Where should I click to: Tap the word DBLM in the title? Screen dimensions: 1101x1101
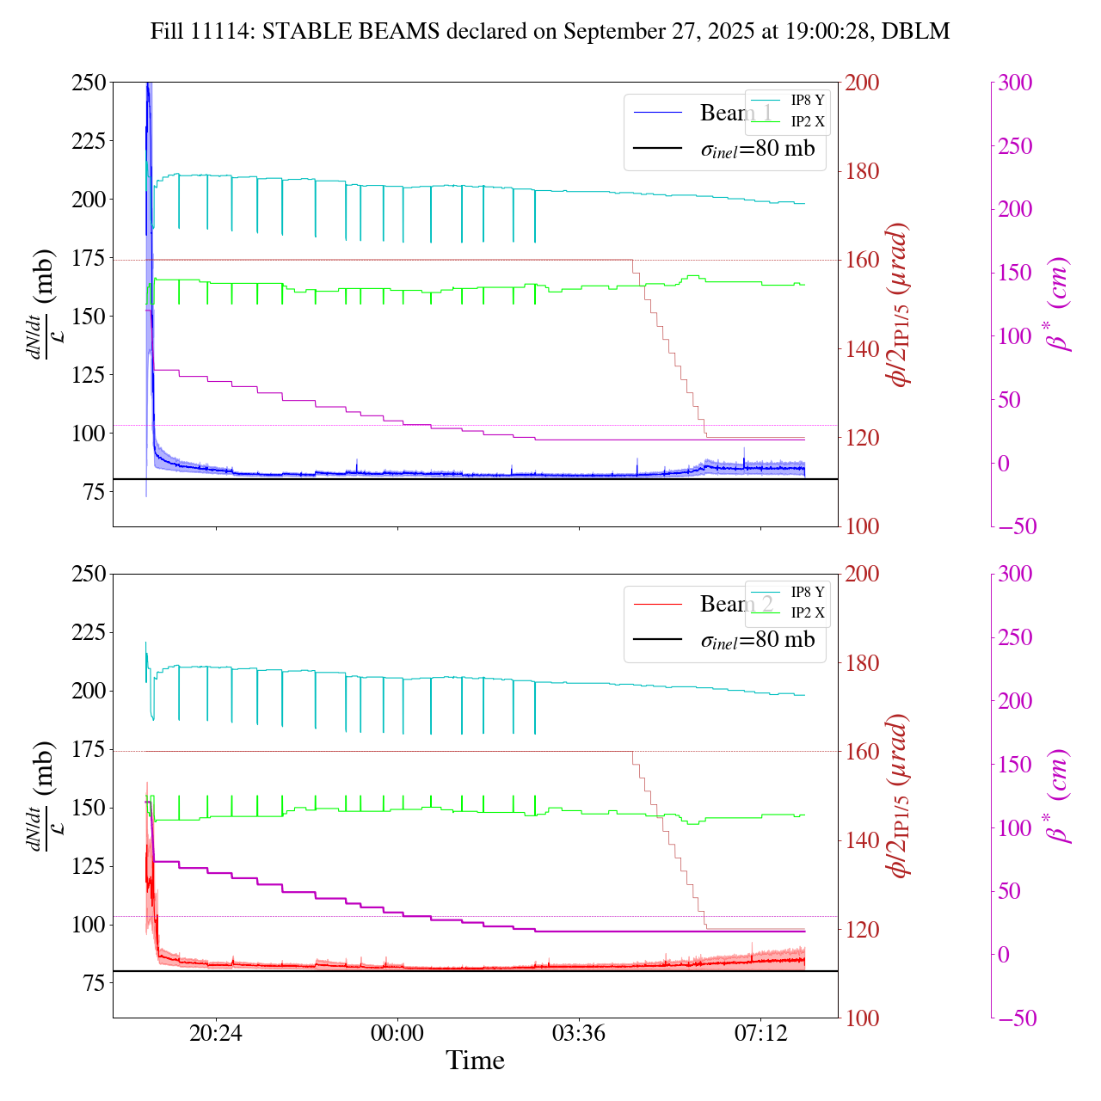920,32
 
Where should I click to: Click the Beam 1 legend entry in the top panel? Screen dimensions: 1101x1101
735,113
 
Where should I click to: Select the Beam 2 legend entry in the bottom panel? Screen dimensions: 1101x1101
735,604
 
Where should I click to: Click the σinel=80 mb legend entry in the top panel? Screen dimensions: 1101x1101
757,149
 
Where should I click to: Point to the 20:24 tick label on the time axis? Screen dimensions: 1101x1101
216,1033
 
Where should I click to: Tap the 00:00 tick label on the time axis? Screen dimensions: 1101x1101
397,1033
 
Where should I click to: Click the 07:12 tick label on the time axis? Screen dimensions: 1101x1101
760,1033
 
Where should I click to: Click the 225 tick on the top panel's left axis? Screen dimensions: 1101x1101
89,141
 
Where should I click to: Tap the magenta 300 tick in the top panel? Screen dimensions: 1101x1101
1015,83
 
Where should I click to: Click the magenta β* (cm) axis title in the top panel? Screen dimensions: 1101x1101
1059,304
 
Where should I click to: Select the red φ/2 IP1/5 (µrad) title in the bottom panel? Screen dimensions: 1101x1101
900,796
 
